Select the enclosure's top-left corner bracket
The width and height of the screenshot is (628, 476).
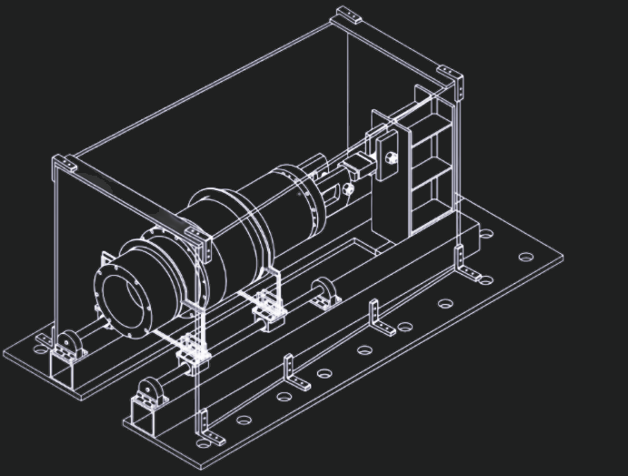tap(65, 166)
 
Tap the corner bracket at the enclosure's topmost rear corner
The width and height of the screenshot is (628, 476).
tap(348, 15)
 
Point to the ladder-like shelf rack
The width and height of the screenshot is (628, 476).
tap(430, 164)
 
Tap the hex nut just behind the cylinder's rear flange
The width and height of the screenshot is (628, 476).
tap(346, 189)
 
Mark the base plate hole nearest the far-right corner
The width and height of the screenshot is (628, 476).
tap(525, 257)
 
